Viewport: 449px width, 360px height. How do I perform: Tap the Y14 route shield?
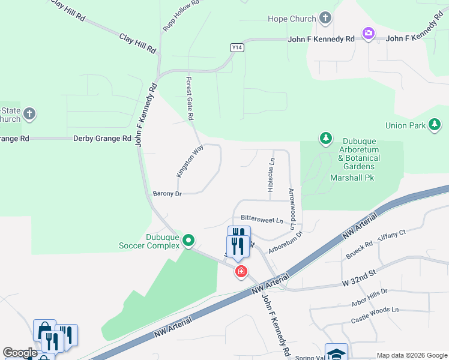pyautogui.click(x=237, y=47)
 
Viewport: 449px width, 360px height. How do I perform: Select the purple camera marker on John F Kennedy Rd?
pyautogui.click(x=369, y=34)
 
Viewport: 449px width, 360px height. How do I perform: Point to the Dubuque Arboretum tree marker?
pyautogui.click(x=325, y=139)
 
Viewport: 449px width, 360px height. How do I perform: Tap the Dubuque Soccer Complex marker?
pyautogui.click(x=188, y=241)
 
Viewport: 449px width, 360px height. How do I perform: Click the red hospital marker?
pyautogui.click(x=241, y=272)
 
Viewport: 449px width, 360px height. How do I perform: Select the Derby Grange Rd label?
pyautogui.click(x=102, y=139)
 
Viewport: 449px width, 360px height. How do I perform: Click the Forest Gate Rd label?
pyautogui.click(x=191, y=95)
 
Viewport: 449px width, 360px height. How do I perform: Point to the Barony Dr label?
pyautogui.click(x=167, y=194)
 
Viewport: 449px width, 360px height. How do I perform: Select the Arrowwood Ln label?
pyautogui.click(x=292, y=209)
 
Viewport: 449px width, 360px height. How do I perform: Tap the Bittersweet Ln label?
pyautogui.click(x=262, y=220)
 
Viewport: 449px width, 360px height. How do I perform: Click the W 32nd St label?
pyautogui.click(x=358, y=273)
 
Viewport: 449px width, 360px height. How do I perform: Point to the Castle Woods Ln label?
pyautogui.click(x=375, y=310)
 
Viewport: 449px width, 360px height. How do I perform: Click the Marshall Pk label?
pyautogui.click(x=351, y=178)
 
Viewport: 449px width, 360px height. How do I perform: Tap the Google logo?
pyautogui.click(x=20, y=353)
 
